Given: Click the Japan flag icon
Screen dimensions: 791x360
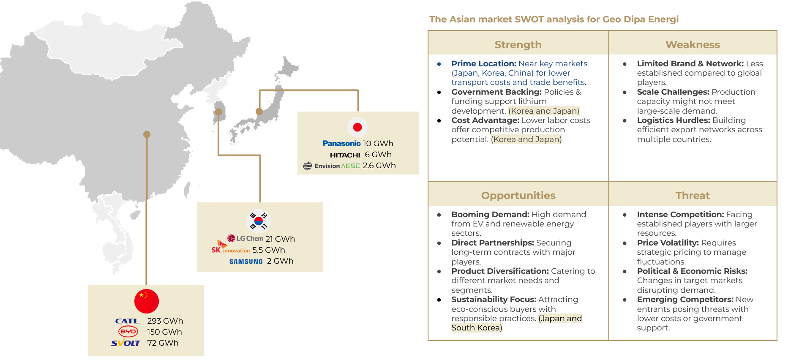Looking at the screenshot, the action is click(357, 127).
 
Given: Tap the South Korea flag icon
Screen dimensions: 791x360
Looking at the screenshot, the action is click(259, 221).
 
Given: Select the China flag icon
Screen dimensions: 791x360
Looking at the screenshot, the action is click(147, 301).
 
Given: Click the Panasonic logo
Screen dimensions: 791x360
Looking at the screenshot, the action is click(341, 144).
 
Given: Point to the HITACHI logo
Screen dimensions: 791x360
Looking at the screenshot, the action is click(345, 155).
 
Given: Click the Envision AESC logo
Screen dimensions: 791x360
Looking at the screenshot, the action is click(331, 166).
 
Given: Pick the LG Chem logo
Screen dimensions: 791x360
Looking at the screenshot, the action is click(245, 238).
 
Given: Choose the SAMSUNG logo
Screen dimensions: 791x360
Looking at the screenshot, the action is click(246, 262).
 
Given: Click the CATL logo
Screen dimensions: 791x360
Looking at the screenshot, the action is click(127, 321).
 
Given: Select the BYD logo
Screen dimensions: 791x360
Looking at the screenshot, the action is click(128, 332).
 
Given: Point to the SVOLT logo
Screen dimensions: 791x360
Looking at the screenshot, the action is click(125, 343).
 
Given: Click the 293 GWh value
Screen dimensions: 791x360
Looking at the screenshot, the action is click(165, 321).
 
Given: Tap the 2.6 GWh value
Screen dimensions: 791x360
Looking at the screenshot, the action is click(379, 166).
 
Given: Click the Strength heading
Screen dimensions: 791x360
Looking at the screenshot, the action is click(518, 45).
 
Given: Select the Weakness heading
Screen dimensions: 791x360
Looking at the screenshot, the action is click(693, 45).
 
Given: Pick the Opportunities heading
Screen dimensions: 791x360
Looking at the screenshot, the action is click(518, 196).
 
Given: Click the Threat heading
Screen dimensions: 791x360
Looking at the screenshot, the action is click(693, 196).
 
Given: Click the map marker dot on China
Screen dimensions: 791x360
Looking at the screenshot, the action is click(147, 134).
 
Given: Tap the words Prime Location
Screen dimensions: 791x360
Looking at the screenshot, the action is click(484, 64).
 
